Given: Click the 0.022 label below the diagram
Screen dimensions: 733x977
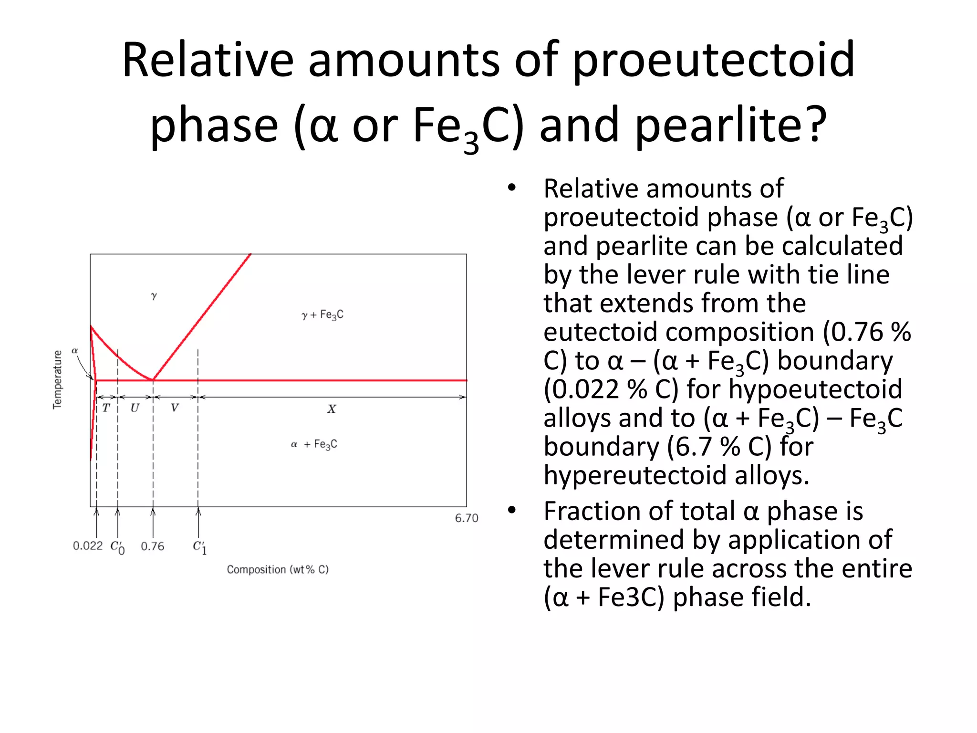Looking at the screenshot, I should tap(88, 545).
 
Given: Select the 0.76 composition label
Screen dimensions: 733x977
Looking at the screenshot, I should tap(152, 546).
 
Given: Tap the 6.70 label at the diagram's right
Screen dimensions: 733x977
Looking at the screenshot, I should tap(466, 518).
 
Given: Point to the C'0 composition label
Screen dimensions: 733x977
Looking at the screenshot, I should tap(117, 547).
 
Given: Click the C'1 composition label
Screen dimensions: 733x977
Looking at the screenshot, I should tap(199, 547).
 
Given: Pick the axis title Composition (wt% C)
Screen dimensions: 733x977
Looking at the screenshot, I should tap(278, 569).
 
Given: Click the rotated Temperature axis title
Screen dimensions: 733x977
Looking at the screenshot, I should tap(57, 380).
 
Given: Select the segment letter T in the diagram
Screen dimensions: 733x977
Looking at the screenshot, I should tap(106, 408).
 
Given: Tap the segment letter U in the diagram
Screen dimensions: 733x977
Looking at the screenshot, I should tap(135, 408).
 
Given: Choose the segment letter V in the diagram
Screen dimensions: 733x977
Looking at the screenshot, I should tap(175, 408).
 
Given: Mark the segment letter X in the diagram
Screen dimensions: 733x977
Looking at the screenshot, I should tap(332, 409).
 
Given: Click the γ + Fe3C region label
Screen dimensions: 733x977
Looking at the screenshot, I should tap(322, 315).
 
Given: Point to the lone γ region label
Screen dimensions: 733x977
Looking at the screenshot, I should tap(154, 296).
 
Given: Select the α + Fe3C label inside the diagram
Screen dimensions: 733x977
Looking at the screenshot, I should tap(314, 444).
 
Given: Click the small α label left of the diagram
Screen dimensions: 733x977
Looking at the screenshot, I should tap(74, 351).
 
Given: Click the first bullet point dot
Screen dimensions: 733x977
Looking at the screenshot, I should tap(512, 188).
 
